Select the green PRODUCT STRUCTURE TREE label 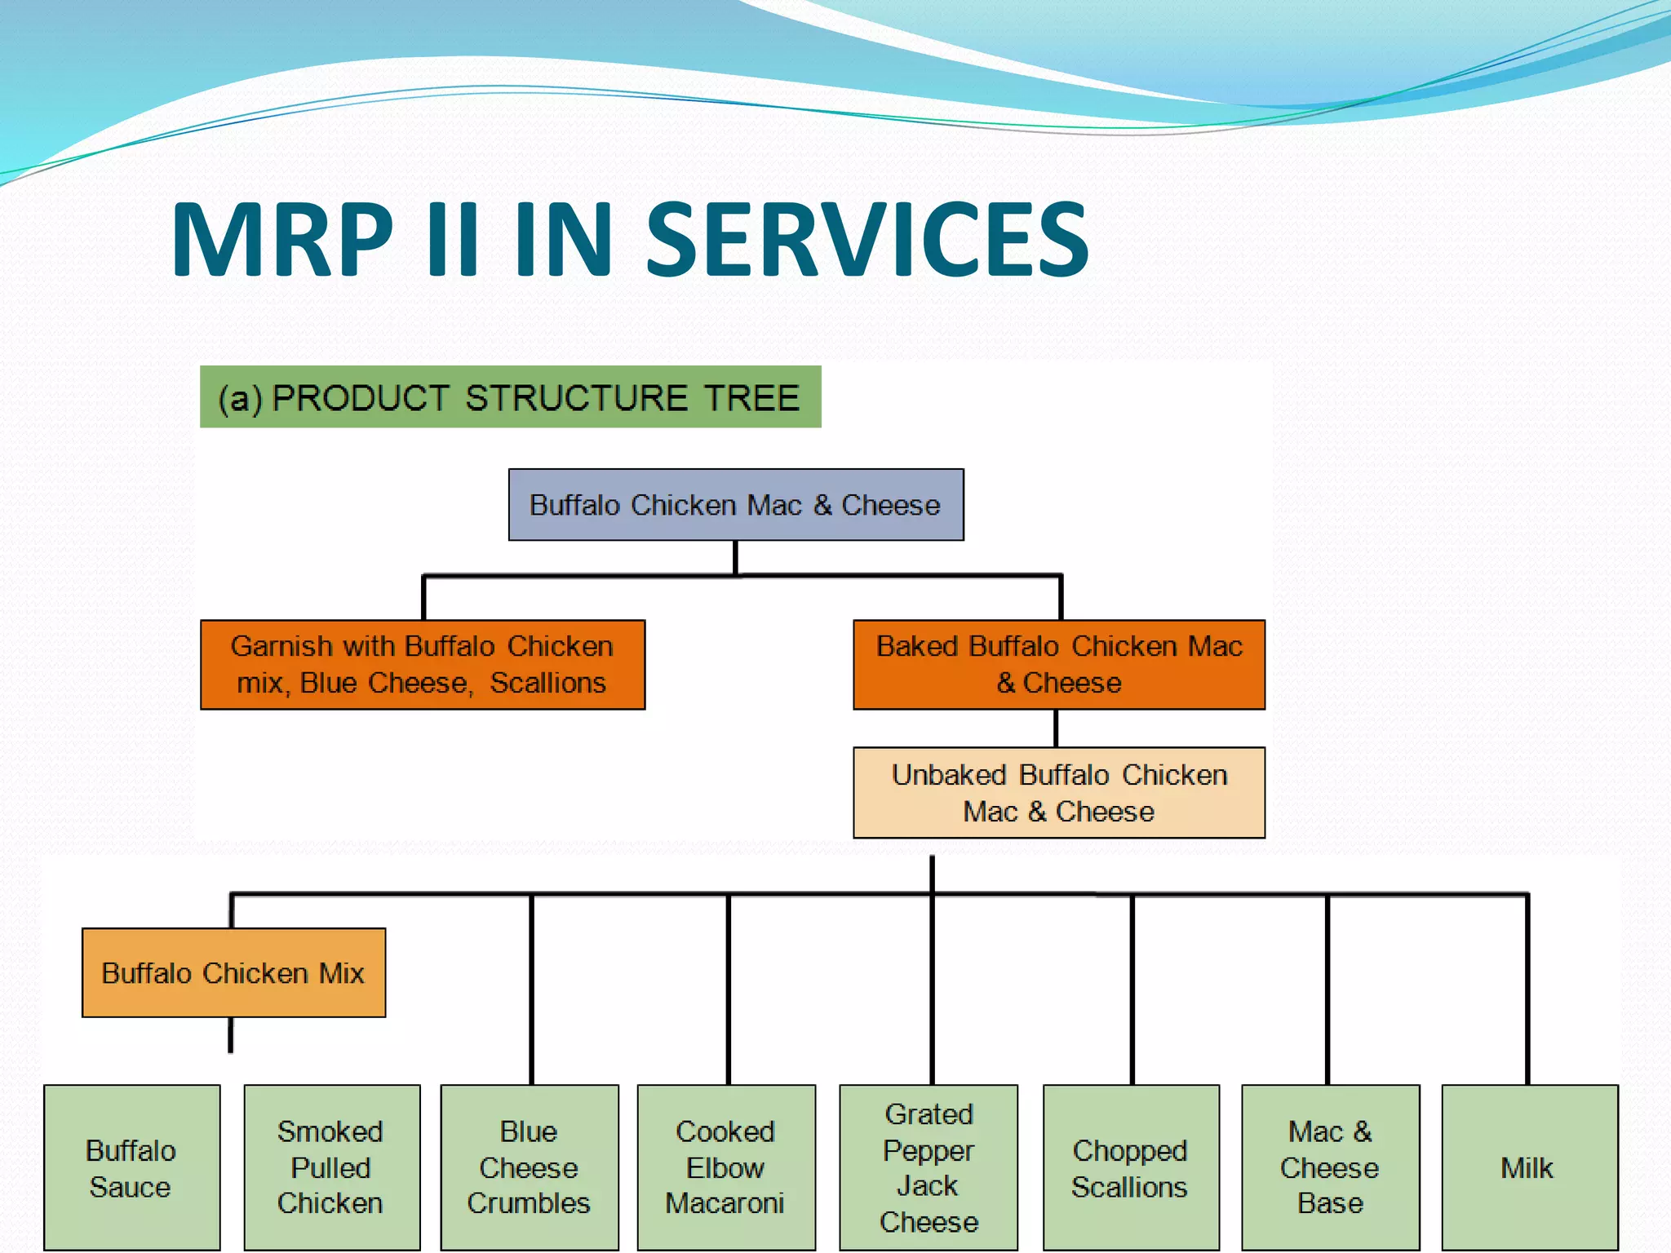click(510, 397)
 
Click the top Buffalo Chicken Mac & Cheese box click(735, 504)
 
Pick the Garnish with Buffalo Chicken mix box click(422, 664)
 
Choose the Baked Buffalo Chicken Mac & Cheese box click(1058, 664)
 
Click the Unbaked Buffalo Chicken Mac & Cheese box click(1058, 792)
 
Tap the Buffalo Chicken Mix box click(233, 972)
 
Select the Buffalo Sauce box click(131, 1167)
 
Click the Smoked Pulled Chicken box click(331, 1167)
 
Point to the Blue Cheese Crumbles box click(529, 1167)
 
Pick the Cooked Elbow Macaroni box click(725, 1167)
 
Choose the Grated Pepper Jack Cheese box click(928, 1167)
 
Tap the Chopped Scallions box click(1130, 1167)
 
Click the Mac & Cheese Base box click(1329, 1167)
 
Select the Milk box click(1528, 1167)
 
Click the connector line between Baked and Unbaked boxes click(1056, 728)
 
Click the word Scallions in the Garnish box click(547, 683)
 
